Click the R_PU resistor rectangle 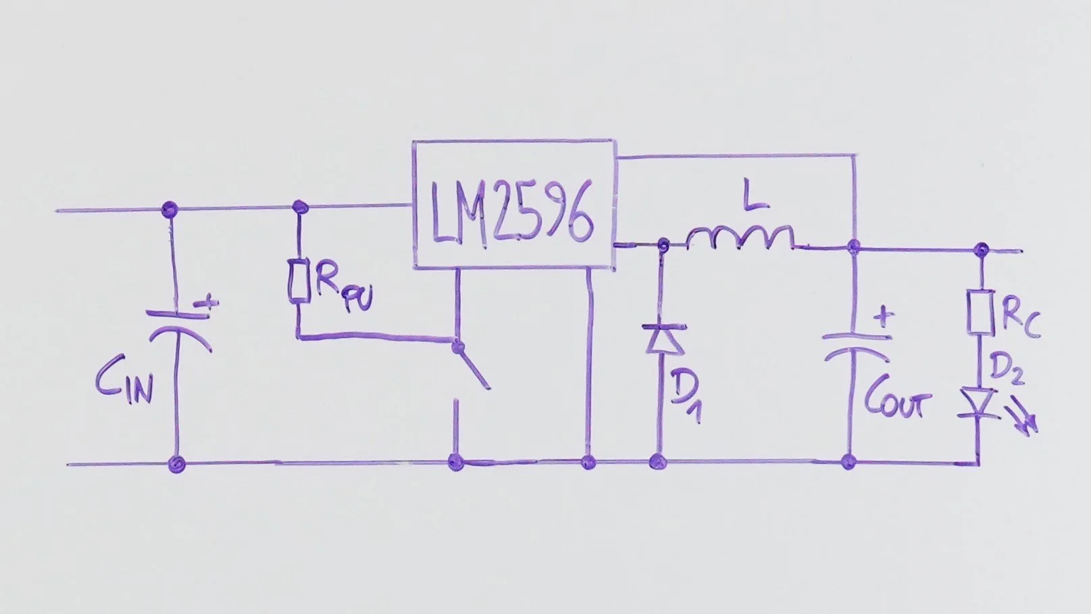pos(299,279)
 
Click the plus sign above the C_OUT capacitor pos(883,316)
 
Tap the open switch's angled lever pos(474,367)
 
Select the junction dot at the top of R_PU pos(300,206)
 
